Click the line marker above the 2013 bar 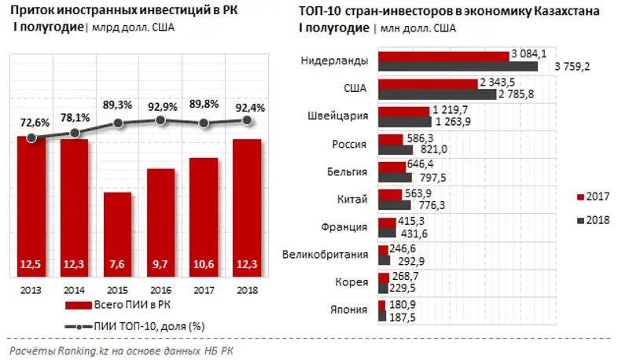coord(31,138)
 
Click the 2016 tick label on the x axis coord(160,290)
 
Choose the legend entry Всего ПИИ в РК coord(111,306)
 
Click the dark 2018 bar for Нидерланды coord(458,67)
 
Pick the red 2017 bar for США coord(428,83)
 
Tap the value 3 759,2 coord(572,67)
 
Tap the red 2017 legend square coord(580,196)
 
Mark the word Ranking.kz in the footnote coord(79,349)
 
